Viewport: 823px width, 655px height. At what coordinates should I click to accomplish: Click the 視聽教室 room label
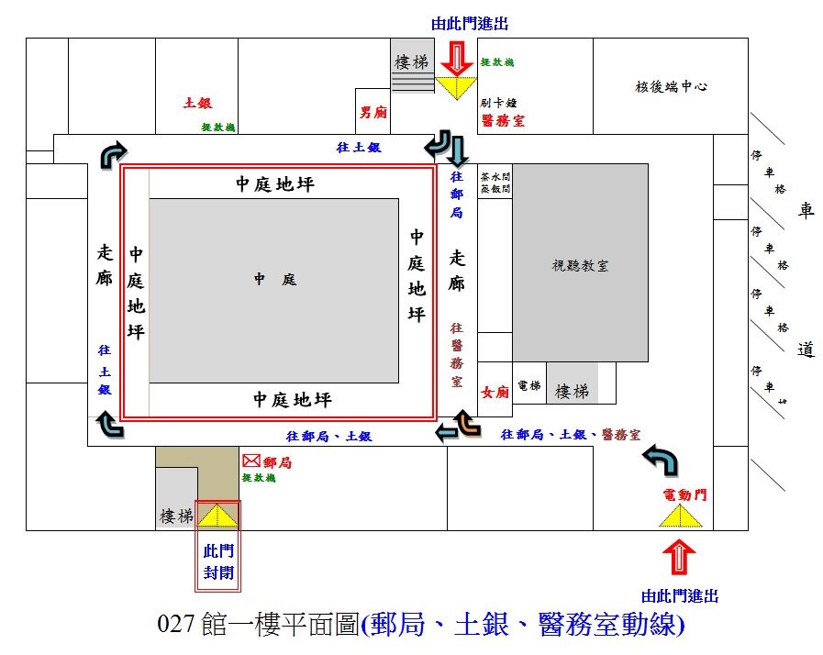(580, 266)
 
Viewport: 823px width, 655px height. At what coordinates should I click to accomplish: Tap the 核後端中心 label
(672, 87)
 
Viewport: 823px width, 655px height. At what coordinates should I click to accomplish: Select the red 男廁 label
(373, 113)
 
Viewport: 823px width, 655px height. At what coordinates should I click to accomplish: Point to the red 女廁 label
(495, 393)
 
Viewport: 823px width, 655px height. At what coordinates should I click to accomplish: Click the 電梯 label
(529, 387)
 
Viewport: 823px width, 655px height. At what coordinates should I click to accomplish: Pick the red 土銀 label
(198, 104)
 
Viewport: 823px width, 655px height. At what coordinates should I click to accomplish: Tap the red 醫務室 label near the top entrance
(502, 120)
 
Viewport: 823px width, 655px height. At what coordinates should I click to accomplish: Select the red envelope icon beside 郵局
(250, 462)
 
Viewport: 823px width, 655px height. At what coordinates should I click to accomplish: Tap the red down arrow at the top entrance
(455, 61)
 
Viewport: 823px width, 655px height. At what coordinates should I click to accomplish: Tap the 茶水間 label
(500, 177)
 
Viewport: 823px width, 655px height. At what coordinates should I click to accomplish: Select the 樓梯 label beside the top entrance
(412, 62)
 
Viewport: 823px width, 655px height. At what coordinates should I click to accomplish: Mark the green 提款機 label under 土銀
(218, 127)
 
